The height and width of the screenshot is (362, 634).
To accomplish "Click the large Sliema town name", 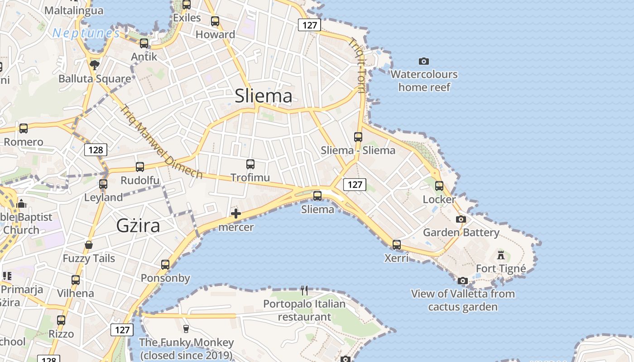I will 264,96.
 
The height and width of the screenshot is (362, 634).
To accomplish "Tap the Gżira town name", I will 138,225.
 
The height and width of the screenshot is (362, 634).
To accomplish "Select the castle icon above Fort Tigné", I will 500,255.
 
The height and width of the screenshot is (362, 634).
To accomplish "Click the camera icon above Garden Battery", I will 461,219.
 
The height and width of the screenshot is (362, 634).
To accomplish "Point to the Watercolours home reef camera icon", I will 424,61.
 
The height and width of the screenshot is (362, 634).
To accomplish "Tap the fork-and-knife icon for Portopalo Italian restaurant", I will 304,290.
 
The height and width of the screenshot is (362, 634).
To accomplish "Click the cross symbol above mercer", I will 236,214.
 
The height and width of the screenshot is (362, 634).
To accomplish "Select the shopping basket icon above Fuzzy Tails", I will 89,245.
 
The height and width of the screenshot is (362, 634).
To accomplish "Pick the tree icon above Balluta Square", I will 95,65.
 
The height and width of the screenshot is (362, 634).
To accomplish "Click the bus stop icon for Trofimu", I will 250,164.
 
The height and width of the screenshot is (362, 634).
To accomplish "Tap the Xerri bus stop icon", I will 397,245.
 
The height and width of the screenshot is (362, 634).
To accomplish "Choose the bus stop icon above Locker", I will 439,186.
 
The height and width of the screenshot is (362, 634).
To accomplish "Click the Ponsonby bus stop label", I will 165,278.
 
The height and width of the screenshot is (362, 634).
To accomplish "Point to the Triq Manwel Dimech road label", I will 161,141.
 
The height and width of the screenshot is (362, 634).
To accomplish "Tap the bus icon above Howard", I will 215,21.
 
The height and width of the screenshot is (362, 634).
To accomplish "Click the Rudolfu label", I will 140,181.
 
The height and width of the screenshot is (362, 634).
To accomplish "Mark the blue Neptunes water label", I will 86,33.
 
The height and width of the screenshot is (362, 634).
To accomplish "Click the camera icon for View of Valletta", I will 462,281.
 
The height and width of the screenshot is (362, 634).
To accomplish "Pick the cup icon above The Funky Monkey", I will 186,329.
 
